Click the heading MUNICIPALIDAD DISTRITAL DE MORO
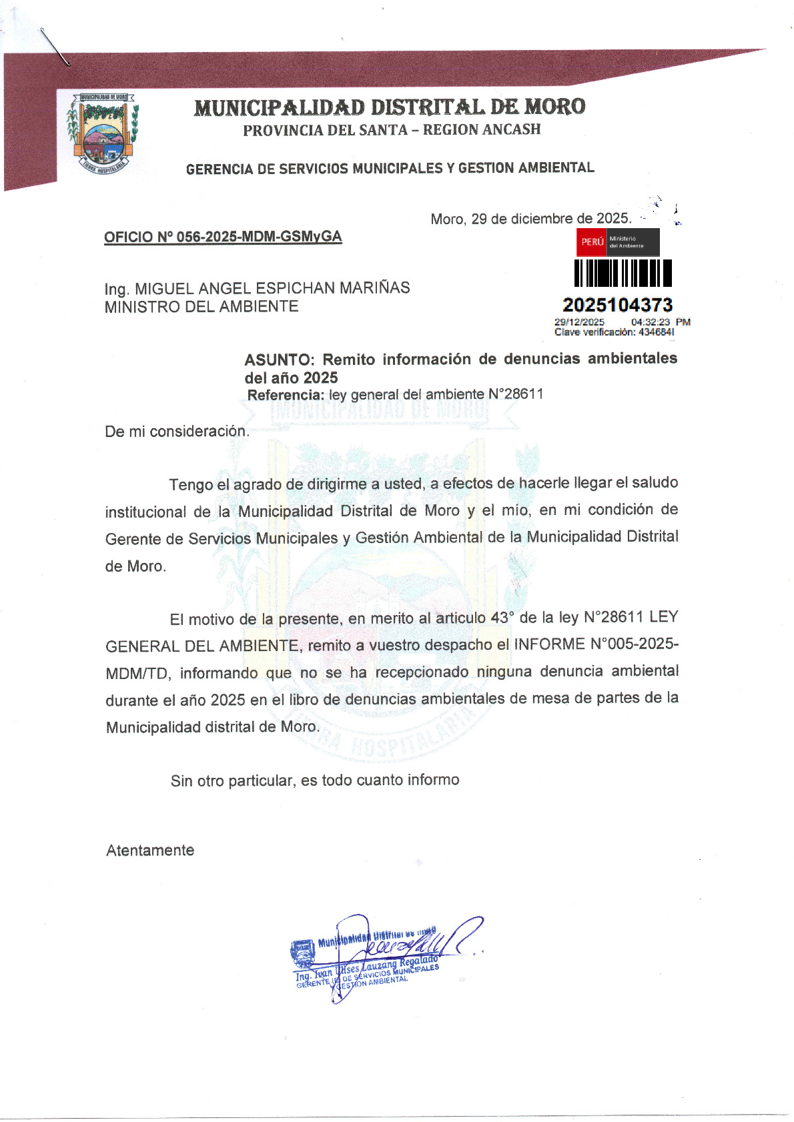(x=390, y=107)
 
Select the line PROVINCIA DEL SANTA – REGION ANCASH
(x=392, y=130)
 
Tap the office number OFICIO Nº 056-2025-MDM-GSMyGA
(x=223, y=237)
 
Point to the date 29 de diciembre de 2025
(x=550, y=219)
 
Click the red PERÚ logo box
(x=591, y=242)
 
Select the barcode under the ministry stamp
(x=623, y=273)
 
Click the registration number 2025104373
(x=617, y=305)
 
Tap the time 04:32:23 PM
(x=660, y=322)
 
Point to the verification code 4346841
(x=656, y=332)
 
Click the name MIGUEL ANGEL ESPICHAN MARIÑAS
(x=272, y=288)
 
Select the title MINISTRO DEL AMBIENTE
(x=202, y=307)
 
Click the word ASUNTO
(x=278, y=360)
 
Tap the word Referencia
(x=286, y=395)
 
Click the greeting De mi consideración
(x=177, y=432)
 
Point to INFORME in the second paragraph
(x=549, y=644)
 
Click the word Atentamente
(x=150, y=851)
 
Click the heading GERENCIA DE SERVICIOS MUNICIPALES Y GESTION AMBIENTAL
(x=390, y=168)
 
